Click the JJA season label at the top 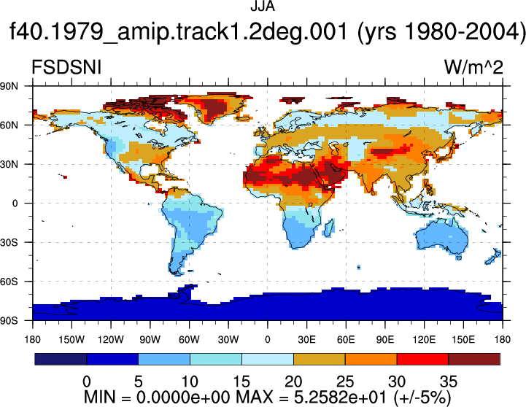(x=263, y=7)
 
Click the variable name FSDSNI (x=66, y=67)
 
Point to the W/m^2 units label (x=473, y=67)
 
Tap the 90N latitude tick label (x=9, y=86)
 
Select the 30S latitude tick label (x=9, y=242)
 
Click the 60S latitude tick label (x=9, y=282)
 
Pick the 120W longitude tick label (x=111, y=340)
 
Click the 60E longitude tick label (x=346, y=340)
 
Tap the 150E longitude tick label (x=463, y=340)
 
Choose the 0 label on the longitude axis (x=267, y=340)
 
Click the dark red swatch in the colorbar (x=474, y=359)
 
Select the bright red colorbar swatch (x=422, y=359)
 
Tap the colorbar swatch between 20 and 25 (x=320, y=359)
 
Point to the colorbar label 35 (x=449, y=381)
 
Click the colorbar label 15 (x=241, y=381)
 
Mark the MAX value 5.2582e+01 (x=340, y=398)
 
